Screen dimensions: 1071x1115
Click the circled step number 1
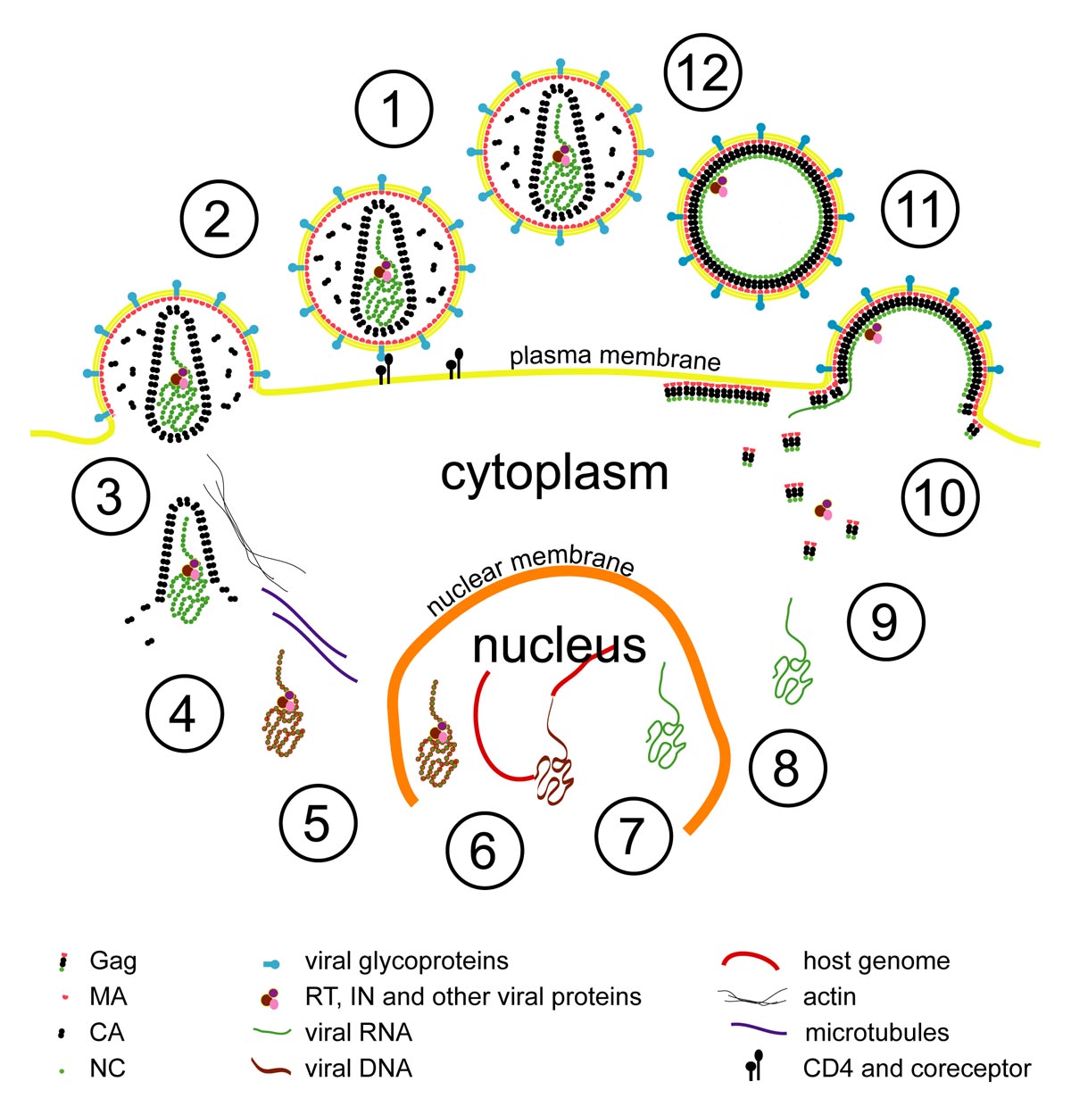click(393, 109)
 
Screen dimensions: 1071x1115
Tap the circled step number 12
click(702, 72)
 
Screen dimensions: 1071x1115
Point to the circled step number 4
click(185, 714)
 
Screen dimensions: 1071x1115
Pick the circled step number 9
click(885, 621)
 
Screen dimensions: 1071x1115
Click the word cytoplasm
click(554, 474)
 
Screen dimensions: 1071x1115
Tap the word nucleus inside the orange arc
click(559, 645)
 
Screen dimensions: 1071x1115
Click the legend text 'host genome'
click(876, 961)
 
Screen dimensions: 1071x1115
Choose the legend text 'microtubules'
click(876, 1033)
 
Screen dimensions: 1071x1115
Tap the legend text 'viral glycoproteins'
click(407, 961)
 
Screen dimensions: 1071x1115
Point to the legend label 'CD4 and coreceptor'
click(917, 1069)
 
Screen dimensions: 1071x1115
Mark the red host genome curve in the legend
click(751, 959)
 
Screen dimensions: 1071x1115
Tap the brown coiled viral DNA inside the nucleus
click(554, 768)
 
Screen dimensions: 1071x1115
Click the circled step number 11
click(920, 209)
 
